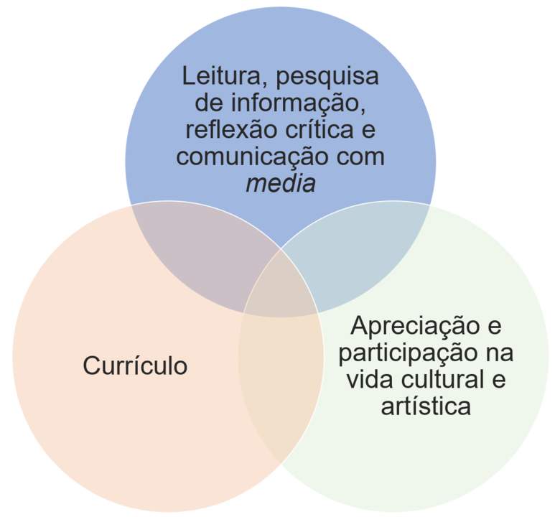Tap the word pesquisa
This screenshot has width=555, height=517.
pyautogui.click(x=327, y=78)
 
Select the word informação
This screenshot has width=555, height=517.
pyautogui.click(x=299, y=104)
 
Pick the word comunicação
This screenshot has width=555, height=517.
pyautogui.click(x=252, y=157)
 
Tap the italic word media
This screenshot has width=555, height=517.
pyautogui.click(x=281, y=184)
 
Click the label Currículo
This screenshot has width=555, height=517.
pyautogui.click(x=135, y=365)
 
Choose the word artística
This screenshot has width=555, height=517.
pyautogui.click(x=426, y=406)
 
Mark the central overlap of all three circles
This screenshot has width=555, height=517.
pyautogui.click(x=281, y=287)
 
